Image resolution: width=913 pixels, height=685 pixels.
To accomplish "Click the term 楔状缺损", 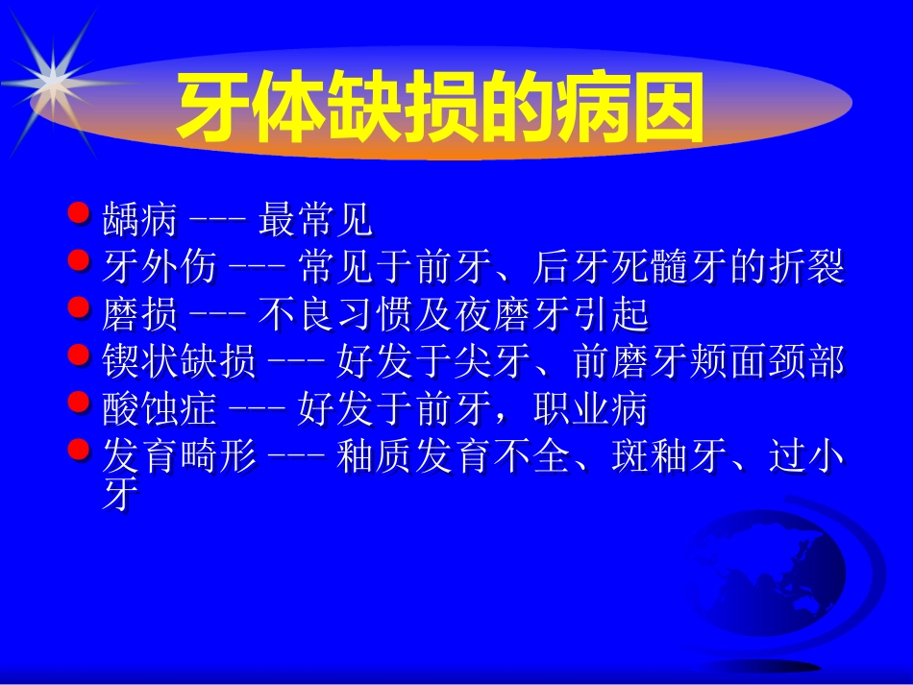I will pos(179,363).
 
